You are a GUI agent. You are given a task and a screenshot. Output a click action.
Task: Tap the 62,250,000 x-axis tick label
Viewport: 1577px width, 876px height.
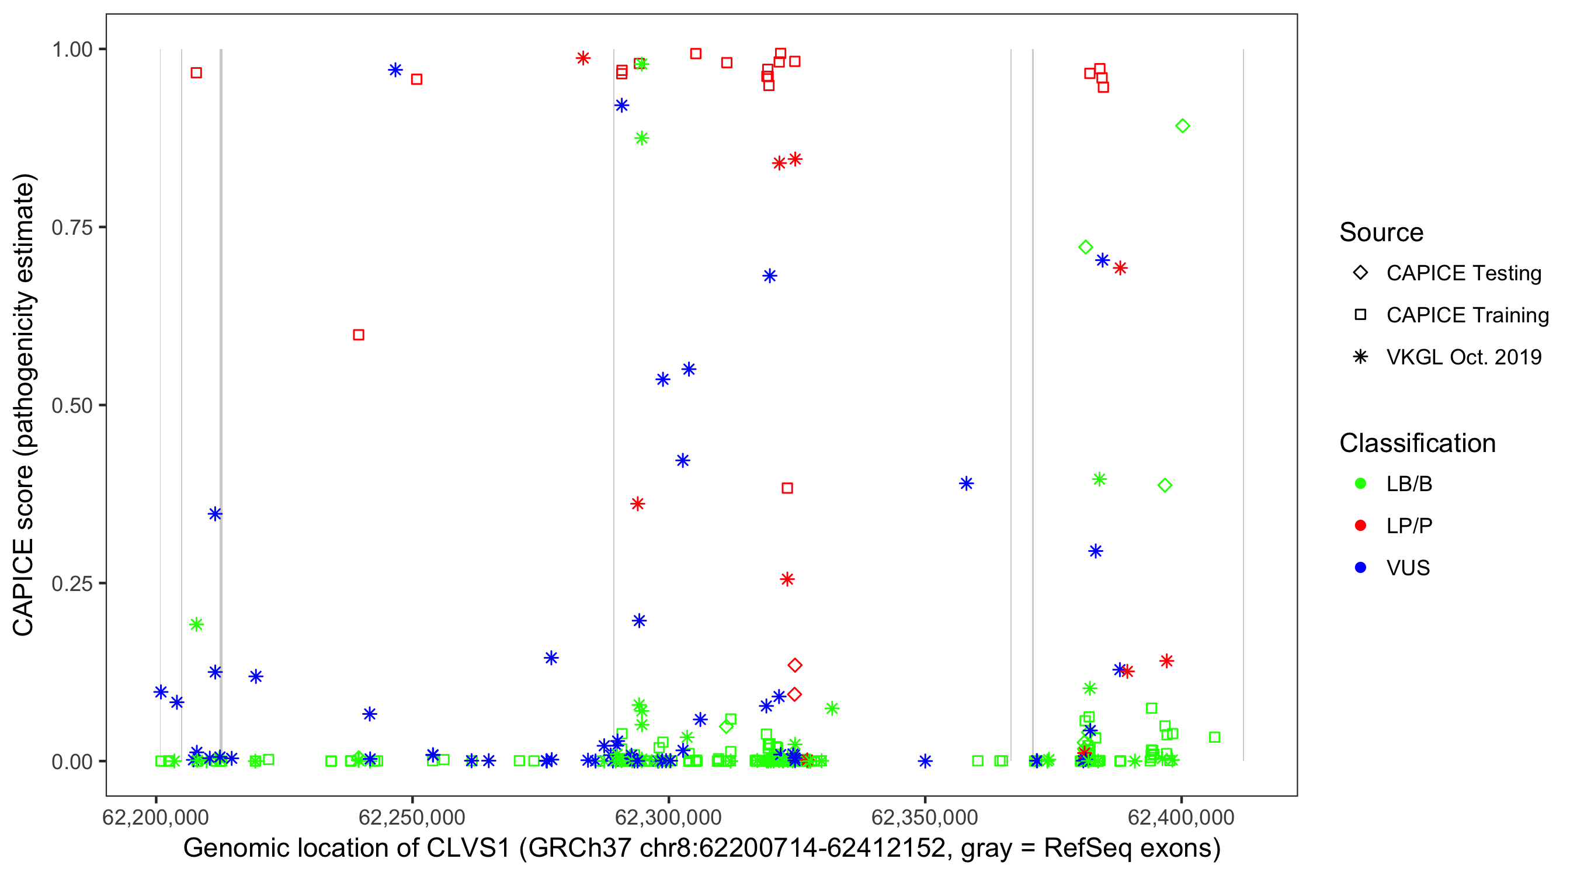tap(412, 817)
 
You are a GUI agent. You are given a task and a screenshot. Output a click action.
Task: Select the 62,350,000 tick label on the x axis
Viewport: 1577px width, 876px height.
tap(925, 817)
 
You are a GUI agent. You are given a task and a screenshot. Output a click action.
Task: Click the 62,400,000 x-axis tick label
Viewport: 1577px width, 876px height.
tap(1181, 817)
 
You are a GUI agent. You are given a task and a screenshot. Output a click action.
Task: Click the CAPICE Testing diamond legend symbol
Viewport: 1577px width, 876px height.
tap(1360, 272)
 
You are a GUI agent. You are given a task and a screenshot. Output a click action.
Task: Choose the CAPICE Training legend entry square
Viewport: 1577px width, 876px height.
tap(1360, 315)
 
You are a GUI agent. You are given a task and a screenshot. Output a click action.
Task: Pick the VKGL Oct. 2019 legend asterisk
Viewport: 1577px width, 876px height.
tap(1360, 357)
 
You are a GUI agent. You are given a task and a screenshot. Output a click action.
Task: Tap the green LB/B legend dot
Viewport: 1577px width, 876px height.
tap(1360, 484)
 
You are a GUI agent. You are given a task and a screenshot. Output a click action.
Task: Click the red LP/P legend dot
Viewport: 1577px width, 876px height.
tap(1360, 526)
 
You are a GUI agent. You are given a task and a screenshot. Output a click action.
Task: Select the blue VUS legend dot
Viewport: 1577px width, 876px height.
tap(1360, 568)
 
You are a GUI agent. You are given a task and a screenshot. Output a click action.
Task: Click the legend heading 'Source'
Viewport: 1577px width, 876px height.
tap(1381, 232)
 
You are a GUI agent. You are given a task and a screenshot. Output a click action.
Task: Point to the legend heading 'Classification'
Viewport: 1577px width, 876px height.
tap(1417, 443)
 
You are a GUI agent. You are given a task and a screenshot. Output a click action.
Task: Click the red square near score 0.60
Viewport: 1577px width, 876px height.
tap(359, 335)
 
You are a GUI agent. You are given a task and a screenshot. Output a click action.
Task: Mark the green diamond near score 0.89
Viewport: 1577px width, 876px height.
tap(1182, 126)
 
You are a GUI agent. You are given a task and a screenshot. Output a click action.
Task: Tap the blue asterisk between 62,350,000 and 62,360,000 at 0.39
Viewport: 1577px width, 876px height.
tap(966, 484)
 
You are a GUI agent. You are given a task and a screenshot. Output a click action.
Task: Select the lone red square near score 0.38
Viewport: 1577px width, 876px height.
tap(787, 488)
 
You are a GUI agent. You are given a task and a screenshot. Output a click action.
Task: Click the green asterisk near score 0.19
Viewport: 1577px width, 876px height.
tap(196, 624)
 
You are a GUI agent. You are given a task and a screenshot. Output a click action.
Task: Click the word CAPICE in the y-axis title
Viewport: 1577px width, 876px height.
tap(23, 587)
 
